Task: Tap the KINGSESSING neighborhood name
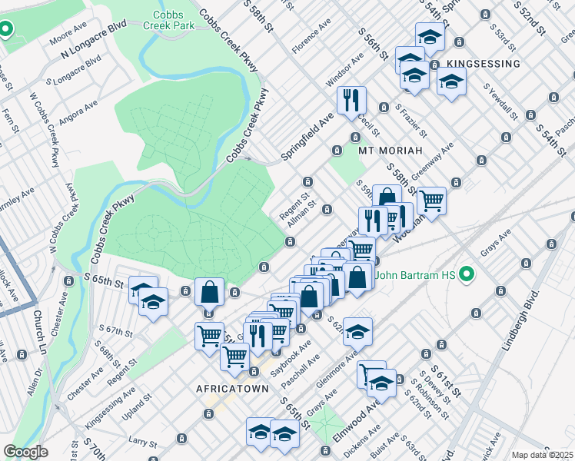[477, 64]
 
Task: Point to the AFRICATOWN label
[233, 389]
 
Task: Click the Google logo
[25, 451]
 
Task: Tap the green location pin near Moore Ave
[5, 31]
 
